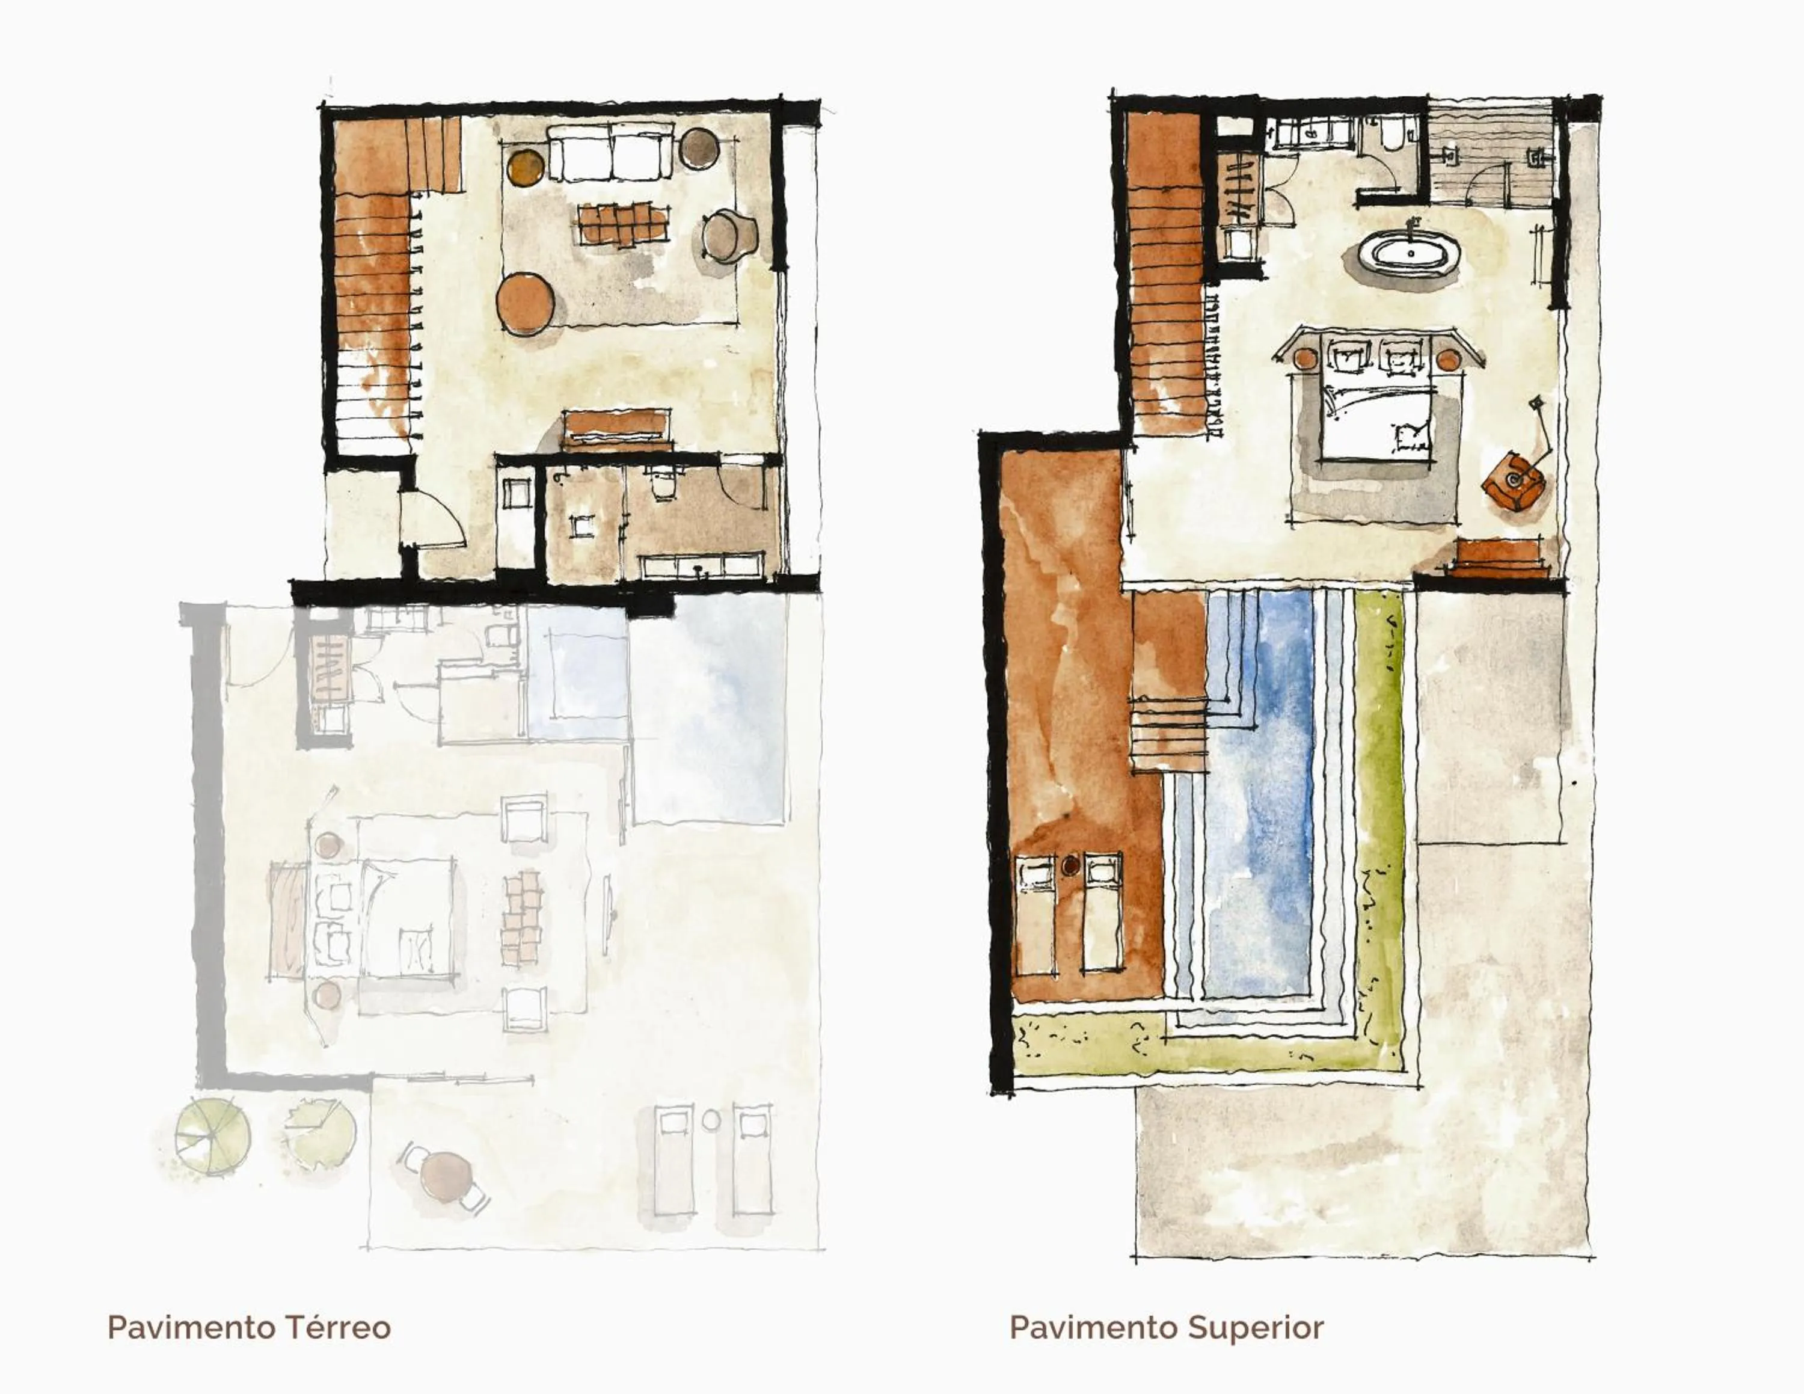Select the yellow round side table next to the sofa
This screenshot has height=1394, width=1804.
click(526, 165)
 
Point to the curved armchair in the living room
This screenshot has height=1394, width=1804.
click(729, 235)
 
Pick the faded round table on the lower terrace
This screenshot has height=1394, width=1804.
click(446, 1175)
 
